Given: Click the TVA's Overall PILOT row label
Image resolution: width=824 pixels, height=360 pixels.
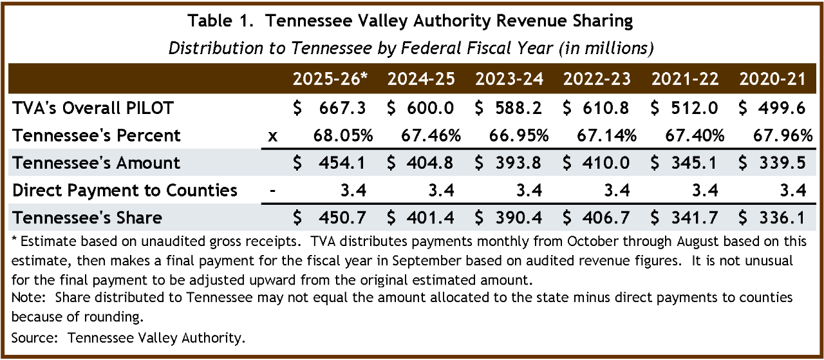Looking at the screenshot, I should point(93,108).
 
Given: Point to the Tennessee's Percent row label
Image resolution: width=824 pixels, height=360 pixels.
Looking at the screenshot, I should point(97,136).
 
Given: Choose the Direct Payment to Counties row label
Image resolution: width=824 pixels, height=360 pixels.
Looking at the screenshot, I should point(125,191).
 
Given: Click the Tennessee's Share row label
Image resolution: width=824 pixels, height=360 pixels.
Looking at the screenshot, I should point(88,218).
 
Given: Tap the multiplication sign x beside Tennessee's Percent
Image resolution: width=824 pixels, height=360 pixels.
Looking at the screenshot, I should point(272,137).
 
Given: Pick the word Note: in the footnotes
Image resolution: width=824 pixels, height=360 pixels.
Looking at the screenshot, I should point(29,298).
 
